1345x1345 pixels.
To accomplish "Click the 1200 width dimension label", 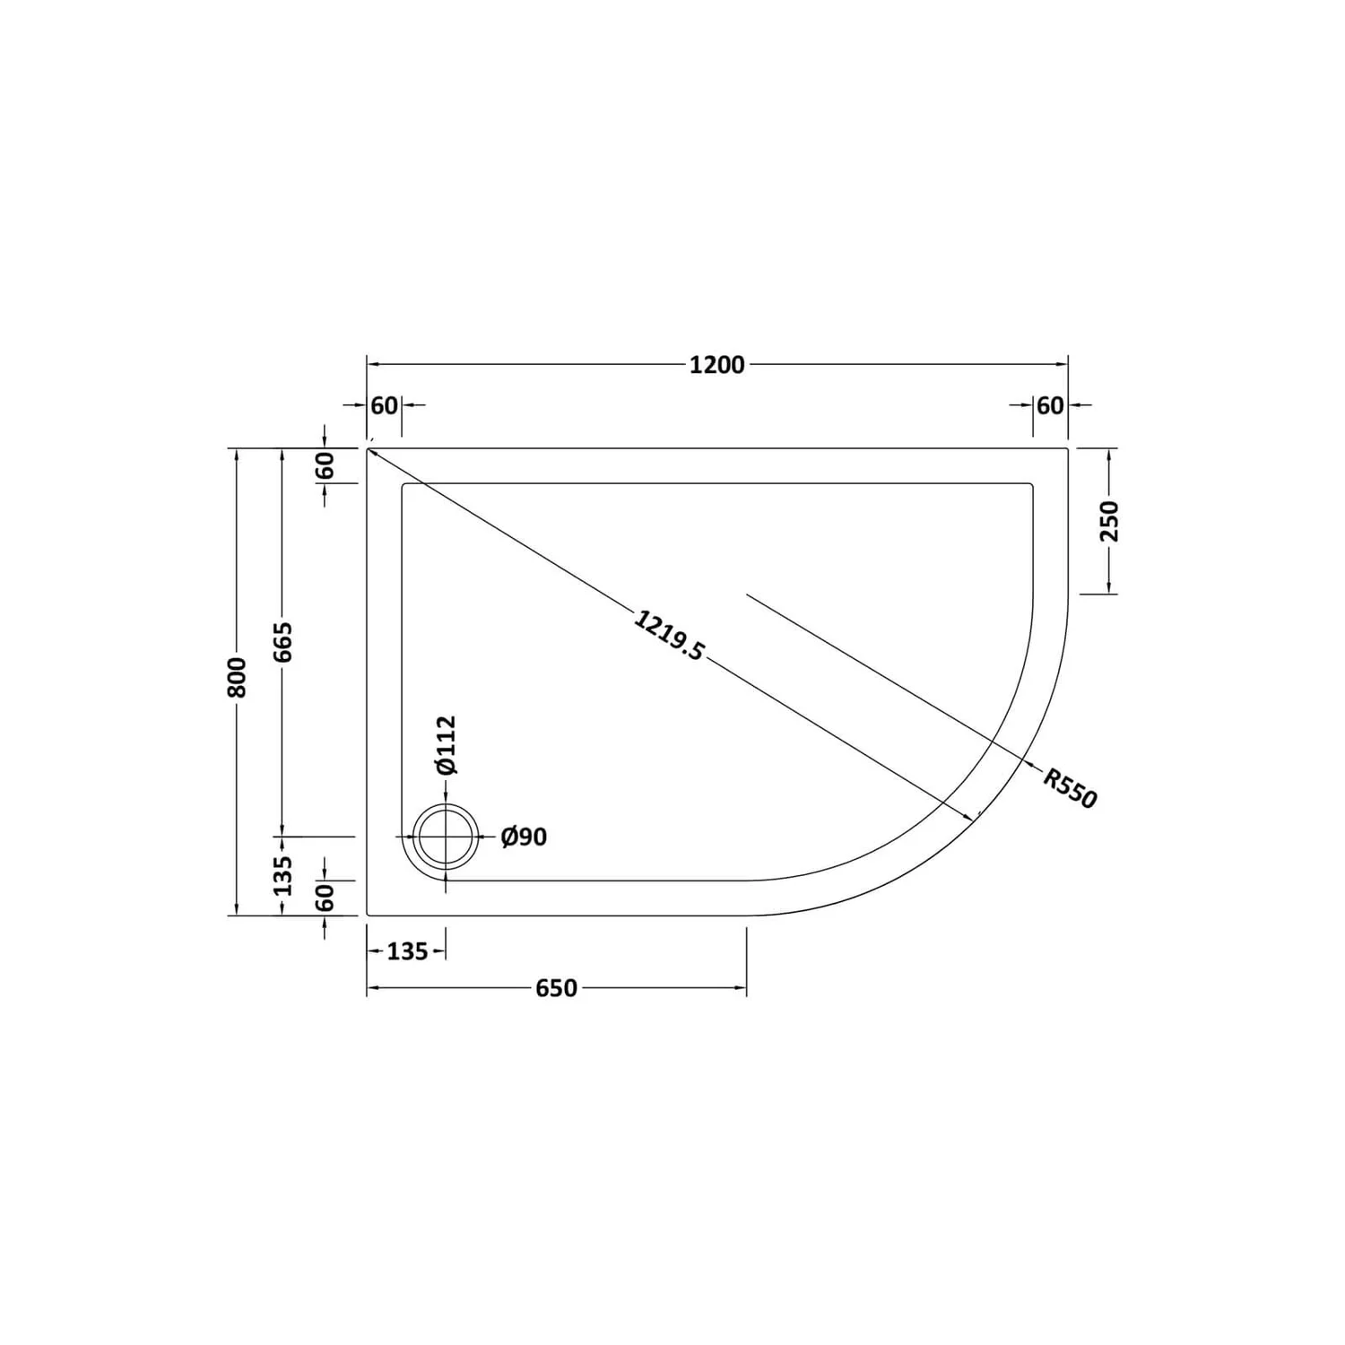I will (716, 365).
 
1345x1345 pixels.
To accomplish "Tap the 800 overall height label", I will (237, 678).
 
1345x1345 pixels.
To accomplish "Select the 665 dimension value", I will (283, 642).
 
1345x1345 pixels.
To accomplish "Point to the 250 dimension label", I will (1110, 521).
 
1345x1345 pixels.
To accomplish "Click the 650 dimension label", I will (556, 988).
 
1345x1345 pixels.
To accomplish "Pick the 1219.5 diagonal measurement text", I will (669, 635).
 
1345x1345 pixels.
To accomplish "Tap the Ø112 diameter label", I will (447, 744).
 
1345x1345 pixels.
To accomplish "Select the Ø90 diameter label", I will (524, 837).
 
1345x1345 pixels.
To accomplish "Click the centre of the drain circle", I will (446, 837).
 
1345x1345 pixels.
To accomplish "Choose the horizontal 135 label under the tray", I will (407, 951).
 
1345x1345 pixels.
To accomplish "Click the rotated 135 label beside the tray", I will (283, 875).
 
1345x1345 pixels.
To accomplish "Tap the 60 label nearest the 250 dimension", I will (1050, 405).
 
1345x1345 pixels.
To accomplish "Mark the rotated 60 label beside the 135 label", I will (325, 897).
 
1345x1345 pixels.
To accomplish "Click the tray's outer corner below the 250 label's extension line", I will (1068, 448).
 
